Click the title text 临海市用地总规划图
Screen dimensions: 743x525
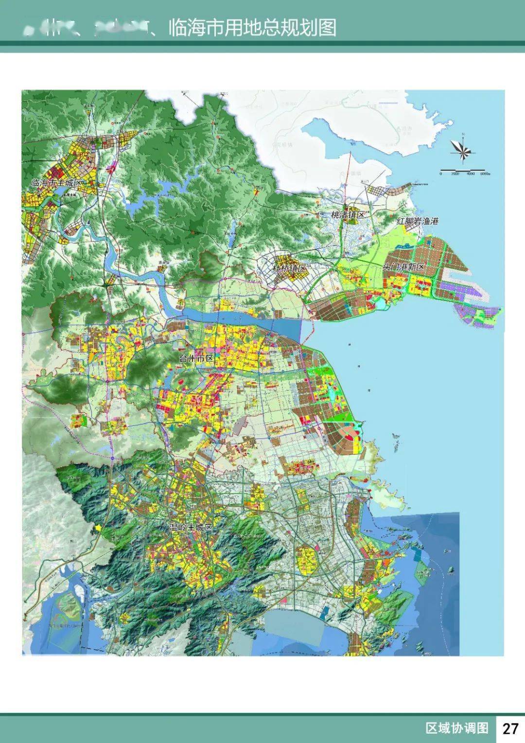(252, 28)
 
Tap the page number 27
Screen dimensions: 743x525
(510, 728)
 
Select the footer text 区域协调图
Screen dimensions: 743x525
(456, 728)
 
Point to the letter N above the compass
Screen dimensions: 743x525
(464, 134)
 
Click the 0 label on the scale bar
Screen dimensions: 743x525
(441, 174)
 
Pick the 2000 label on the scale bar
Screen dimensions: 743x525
(455, 174)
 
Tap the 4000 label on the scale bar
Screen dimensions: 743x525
(469, 174)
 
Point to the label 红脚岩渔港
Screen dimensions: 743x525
(418, 221)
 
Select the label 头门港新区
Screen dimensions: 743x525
(403, 267)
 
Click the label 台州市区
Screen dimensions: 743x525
(196, 358)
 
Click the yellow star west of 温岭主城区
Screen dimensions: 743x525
(99, 528)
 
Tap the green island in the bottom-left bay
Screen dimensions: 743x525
(68, 605)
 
